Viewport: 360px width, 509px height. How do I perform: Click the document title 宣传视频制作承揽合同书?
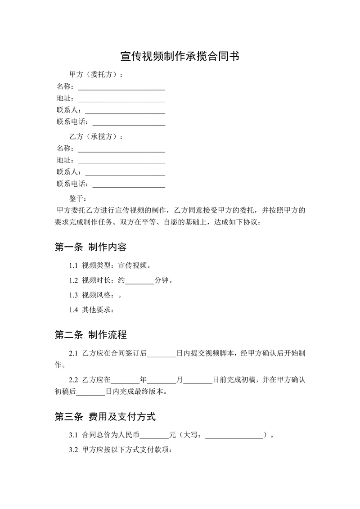180,56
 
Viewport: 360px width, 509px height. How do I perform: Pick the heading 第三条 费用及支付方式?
105,417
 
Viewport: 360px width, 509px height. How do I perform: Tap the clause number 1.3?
74,295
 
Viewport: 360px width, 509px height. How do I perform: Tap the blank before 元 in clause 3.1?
154,437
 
